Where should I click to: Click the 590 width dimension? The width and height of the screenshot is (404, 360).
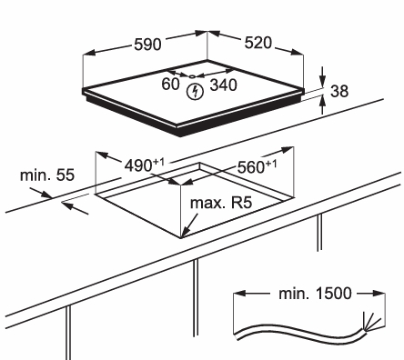click(x=147, y=45)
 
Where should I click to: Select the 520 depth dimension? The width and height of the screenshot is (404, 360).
click(x=258, y=43)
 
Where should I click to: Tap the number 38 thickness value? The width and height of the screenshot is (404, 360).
click(x=339, y=91)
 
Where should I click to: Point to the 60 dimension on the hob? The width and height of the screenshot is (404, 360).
click(x=170, y=84)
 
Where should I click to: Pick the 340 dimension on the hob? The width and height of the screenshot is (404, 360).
click(x=223, y=85)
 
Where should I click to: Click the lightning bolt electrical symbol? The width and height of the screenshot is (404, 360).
click(x=195, y=92)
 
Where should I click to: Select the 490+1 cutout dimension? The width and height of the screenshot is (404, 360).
click(x=145, y=165)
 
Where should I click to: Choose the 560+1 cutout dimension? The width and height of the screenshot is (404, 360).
click(x=257, y=166)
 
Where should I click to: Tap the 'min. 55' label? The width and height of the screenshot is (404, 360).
click(x=47, y=175)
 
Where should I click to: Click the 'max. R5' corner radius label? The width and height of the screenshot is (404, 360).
click(x=221, y=203)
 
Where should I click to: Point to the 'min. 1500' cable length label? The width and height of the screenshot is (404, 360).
click(x=315, y=294)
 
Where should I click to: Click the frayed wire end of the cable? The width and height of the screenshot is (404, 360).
click(x=370, y=322)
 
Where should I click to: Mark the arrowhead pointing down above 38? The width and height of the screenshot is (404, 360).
click(x=322, y=80)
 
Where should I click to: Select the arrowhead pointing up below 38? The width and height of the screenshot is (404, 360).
click(x=322, y=102)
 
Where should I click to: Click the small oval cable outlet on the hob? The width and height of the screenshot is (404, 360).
click(x=192, y=76)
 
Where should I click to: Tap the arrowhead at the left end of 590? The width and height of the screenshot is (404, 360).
click(x=89, y=54)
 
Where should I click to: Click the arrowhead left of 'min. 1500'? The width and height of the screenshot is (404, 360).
click(x=239, y=294)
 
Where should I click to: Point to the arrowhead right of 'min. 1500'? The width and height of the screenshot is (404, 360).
click(x=379, y=294)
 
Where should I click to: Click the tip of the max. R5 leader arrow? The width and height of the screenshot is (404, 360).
click(x=182, y=237)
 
